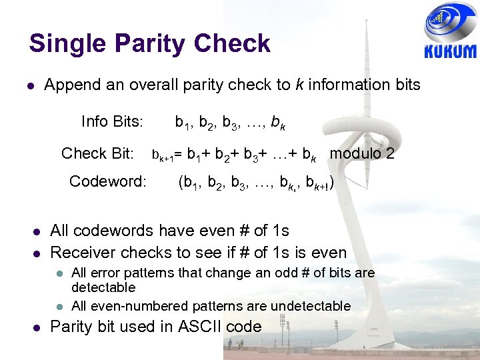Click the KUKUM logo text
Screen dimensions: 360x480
point(451,52)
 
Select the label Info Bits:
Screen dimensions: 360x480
point(112,121)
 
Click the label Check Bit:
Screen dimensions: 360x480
point(97,153)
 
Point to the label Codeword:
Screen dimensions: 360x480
point(107,181)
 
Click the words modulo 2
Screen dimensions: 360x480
point(362,153)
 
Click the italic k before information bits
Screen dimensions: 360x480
point(299,85)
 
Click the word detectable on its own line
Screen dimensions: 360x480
point(103,287)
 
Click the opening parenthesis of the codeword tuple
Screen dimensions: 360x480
point(181,182)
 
